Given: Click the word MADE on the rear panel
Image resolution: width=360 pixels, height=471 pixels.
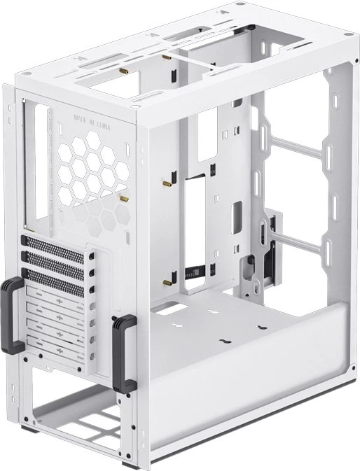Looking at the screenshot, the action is click(x=81, y=118).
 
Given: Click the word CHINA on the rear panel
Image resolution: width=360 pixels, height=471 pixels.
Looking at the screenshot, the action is click(x=103, y=125).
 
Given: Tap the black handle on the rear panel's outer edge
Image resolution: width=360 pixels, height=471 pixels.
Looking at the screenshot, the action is click(x=11, y=316).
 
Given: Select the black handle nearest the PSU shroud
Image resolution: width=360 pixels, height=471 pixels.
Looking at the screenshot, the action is click(x=123, y=349).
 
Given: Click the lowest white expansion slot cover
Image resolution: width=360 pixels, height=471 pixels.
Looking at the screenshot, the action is click(x=55, y=349).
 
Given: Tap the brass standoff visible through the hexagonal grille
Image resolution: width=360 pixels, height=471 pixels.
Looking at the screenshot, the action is click(x=124, y=199).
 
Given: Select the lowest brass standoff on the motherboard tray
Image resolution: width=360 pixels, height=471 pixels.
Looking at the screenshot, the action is click(x=167, y=282).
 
